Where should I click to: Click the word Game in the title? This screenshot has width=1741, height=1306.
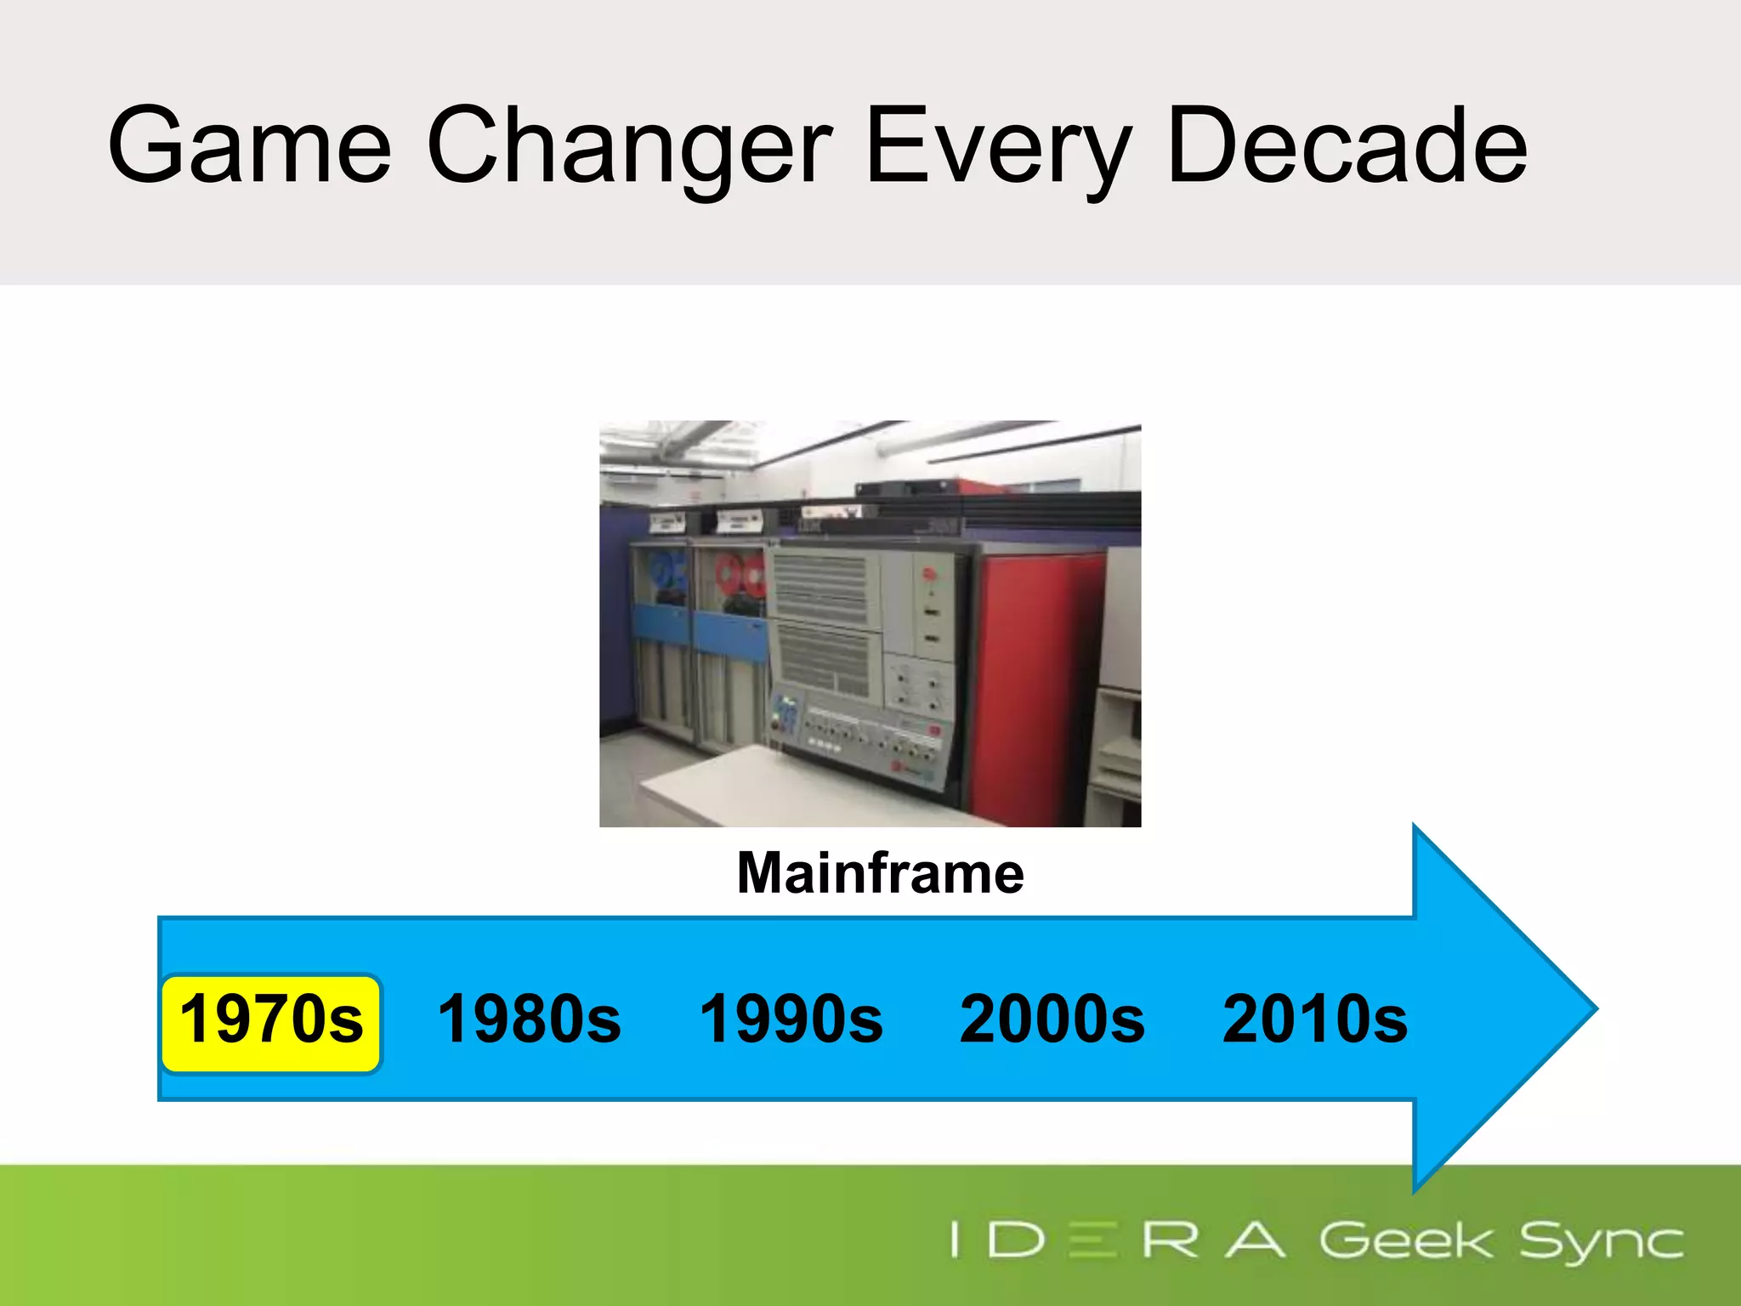tap(249, 146)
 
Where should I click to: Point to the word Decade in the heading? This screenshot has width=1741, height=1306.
tap(1347, 146)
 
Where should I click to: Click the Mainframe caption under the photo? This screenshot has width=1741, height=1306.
tap(880, 873)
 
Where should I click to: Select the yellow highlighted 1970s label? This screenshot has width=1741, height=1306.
tap(271, 1019)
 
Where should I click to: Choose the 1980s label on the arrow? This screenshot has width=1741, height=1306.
tap(529, 1019)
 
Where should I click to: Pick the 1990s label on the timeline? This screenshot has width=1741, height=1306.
tap(791, 1019)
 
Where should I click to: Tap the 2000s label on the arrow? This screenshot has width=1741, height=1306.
tap(1052, 1019)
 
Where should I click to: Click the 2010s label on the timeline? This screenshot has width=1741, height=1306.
tap(1314, 1019)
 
